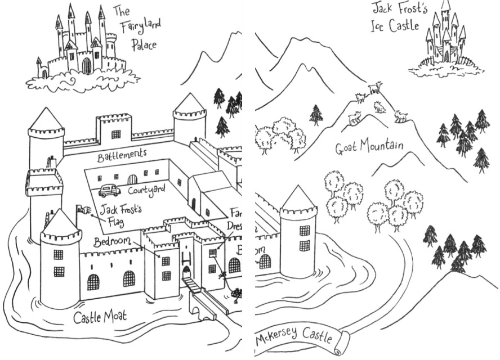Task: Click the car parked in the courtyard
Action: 109,191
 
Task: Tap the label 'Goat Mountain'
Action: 369,148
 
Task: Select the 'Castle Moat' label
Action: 100,317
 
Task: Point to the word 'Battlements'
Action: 122,155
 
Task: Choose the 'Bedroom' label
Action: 112,242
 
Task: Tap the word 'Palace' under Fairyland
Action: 144,46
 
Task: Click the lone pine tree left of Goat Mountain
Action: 316,115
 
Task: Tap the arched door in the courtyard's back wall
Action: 132,179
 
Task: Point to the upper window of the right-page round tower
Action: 304,230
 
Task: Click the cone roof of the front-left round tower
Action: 61,223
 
